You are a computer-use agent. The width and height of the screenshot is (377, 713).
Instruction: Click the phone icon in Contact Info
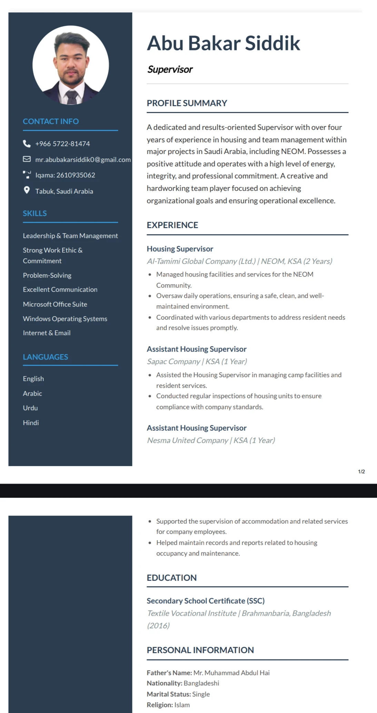27,144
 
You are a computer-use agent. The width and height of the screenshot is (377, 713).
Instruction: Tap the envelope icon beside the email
27,159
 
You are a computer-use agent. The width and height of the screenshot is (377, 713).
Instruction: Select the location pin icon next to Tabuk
27,190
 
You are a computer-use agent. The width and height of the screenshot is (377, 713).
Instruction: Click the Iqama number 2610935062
76,175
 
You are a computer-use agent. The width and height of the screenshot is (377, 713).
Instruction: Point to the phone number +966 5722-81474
62,144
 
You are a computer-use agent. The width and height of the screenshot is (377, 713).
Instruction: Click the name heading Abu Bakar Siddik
224,43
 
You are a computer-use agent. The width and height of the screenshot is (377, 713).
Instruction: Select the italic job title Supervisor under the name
170,69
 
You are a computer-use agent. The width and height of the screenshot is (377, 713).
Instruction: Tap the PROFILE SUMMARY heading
187,103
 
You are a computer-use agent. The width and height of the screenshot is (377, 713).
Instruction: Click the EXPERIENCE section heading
172,225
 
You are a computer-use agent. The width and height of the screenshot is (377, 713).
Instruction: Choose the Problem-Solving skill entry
47,275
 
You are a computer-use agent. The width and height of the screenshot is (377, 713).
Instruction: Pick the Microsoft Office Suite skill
55,304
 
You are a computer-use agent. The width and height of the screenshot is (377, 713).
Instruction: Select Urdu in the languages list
30,408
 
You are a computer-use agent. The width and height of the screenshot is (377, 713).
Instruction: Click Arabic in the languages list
32,393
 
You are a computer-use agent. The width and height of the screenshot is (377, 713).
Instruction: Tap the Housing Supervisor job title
180,249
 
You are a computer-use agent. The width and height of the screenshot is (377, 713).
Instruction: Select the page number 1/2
361,472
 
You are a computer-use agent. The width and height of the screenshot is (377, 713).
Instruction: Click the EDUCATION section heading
171,578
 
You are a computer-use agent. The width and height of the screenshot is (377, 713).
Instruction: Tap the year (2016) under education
158,626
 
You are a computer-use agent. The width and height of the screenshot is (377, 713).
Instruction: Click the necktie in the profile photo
72,97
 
